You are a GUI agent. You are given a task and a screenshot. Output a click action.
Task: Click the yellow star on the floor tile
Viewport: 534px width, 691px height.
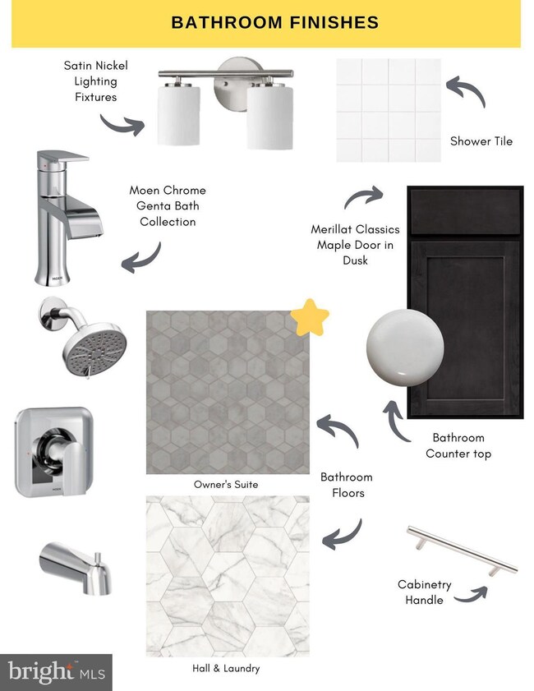(x=310, y=318)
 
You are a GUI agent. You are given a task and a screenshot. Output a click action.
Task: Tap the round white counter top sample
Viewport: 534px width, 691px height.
(x=405, y=348)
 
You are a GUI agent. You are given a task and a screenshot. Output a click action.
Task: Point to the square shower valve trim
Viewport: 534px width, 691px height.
(x=54, y=452)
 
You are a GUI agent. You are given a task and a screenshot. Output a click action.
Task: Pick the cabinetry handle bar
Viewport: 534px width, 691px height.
(x=462, y=550)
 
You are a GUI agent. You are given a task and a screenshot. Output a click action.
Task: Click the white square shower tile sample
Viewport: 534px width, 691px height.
(x=389, y=110)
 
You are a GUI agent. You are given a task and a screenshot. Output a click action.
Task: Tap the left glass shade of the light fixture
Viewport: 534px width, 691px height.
(x=178, y=114)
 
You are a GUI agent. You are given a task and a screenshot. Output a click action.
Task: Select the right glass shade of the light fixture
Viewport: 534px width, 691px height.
(x=269, y=117)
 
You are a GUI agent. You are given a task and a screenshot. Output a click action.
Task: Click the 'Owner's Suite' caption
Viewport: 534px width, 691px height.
(x=226, y=484)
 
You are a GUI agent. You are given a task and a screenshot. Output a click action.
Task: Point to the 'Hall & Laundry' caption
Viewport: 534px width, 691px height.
(x=226, y=668)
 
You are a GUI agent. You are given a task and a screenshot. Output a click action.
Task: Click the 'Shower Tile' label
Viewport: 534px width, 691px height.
(x=481, y=141)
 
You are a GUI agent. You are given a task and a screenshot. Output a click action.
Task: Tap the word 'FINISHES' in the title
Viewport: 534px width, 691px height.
(x=334, y=22)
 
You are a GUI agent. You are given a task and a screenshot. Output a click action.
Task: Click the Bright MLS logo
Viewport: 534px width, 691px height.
(x=56, y=672)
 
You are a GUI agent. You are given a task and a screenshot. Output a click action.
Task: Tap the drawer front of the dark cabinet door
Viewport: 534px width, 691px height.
(x=466, y=211)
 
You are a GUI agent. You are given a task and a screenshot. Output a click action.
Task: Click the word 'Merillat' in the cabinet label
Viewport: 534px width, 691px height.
(x=329, y=229)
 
